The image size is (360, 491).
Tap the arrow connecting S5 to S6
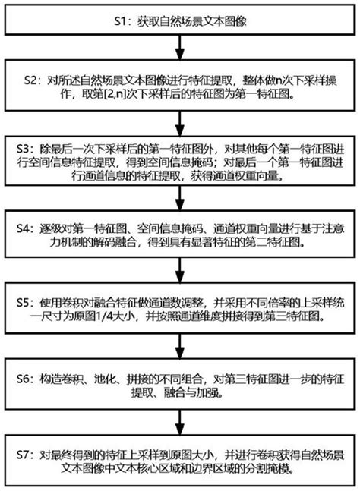pyautogui.click(x=180, y=347)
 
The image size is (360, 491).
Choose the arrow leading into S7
pyautogui.click(x=180, y=423)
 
